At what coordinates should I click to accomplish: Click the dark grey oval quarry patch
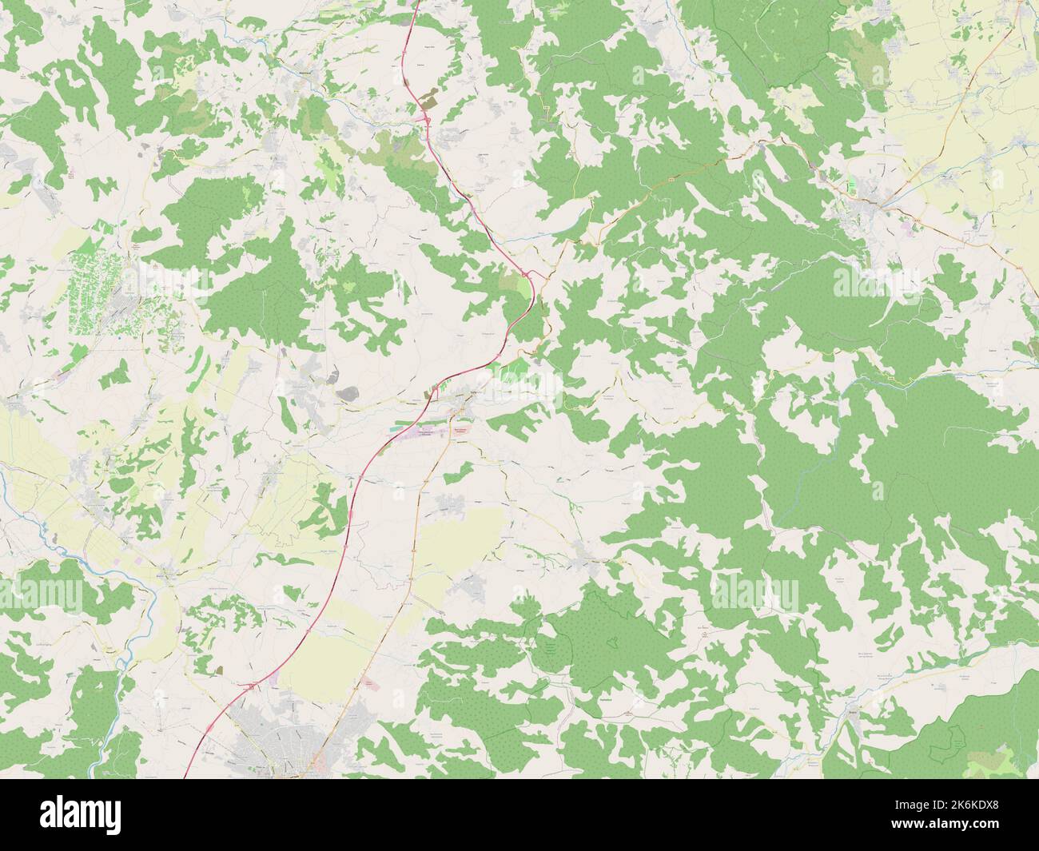tap(348, 392)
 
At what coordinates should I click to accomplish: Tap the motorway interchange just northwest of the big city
tap(253, 685)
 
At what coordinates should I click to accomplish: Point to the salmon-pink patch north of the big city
tap(367, 684)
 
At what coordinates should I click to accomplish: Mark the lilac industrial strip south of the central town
tap(428, 435)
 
